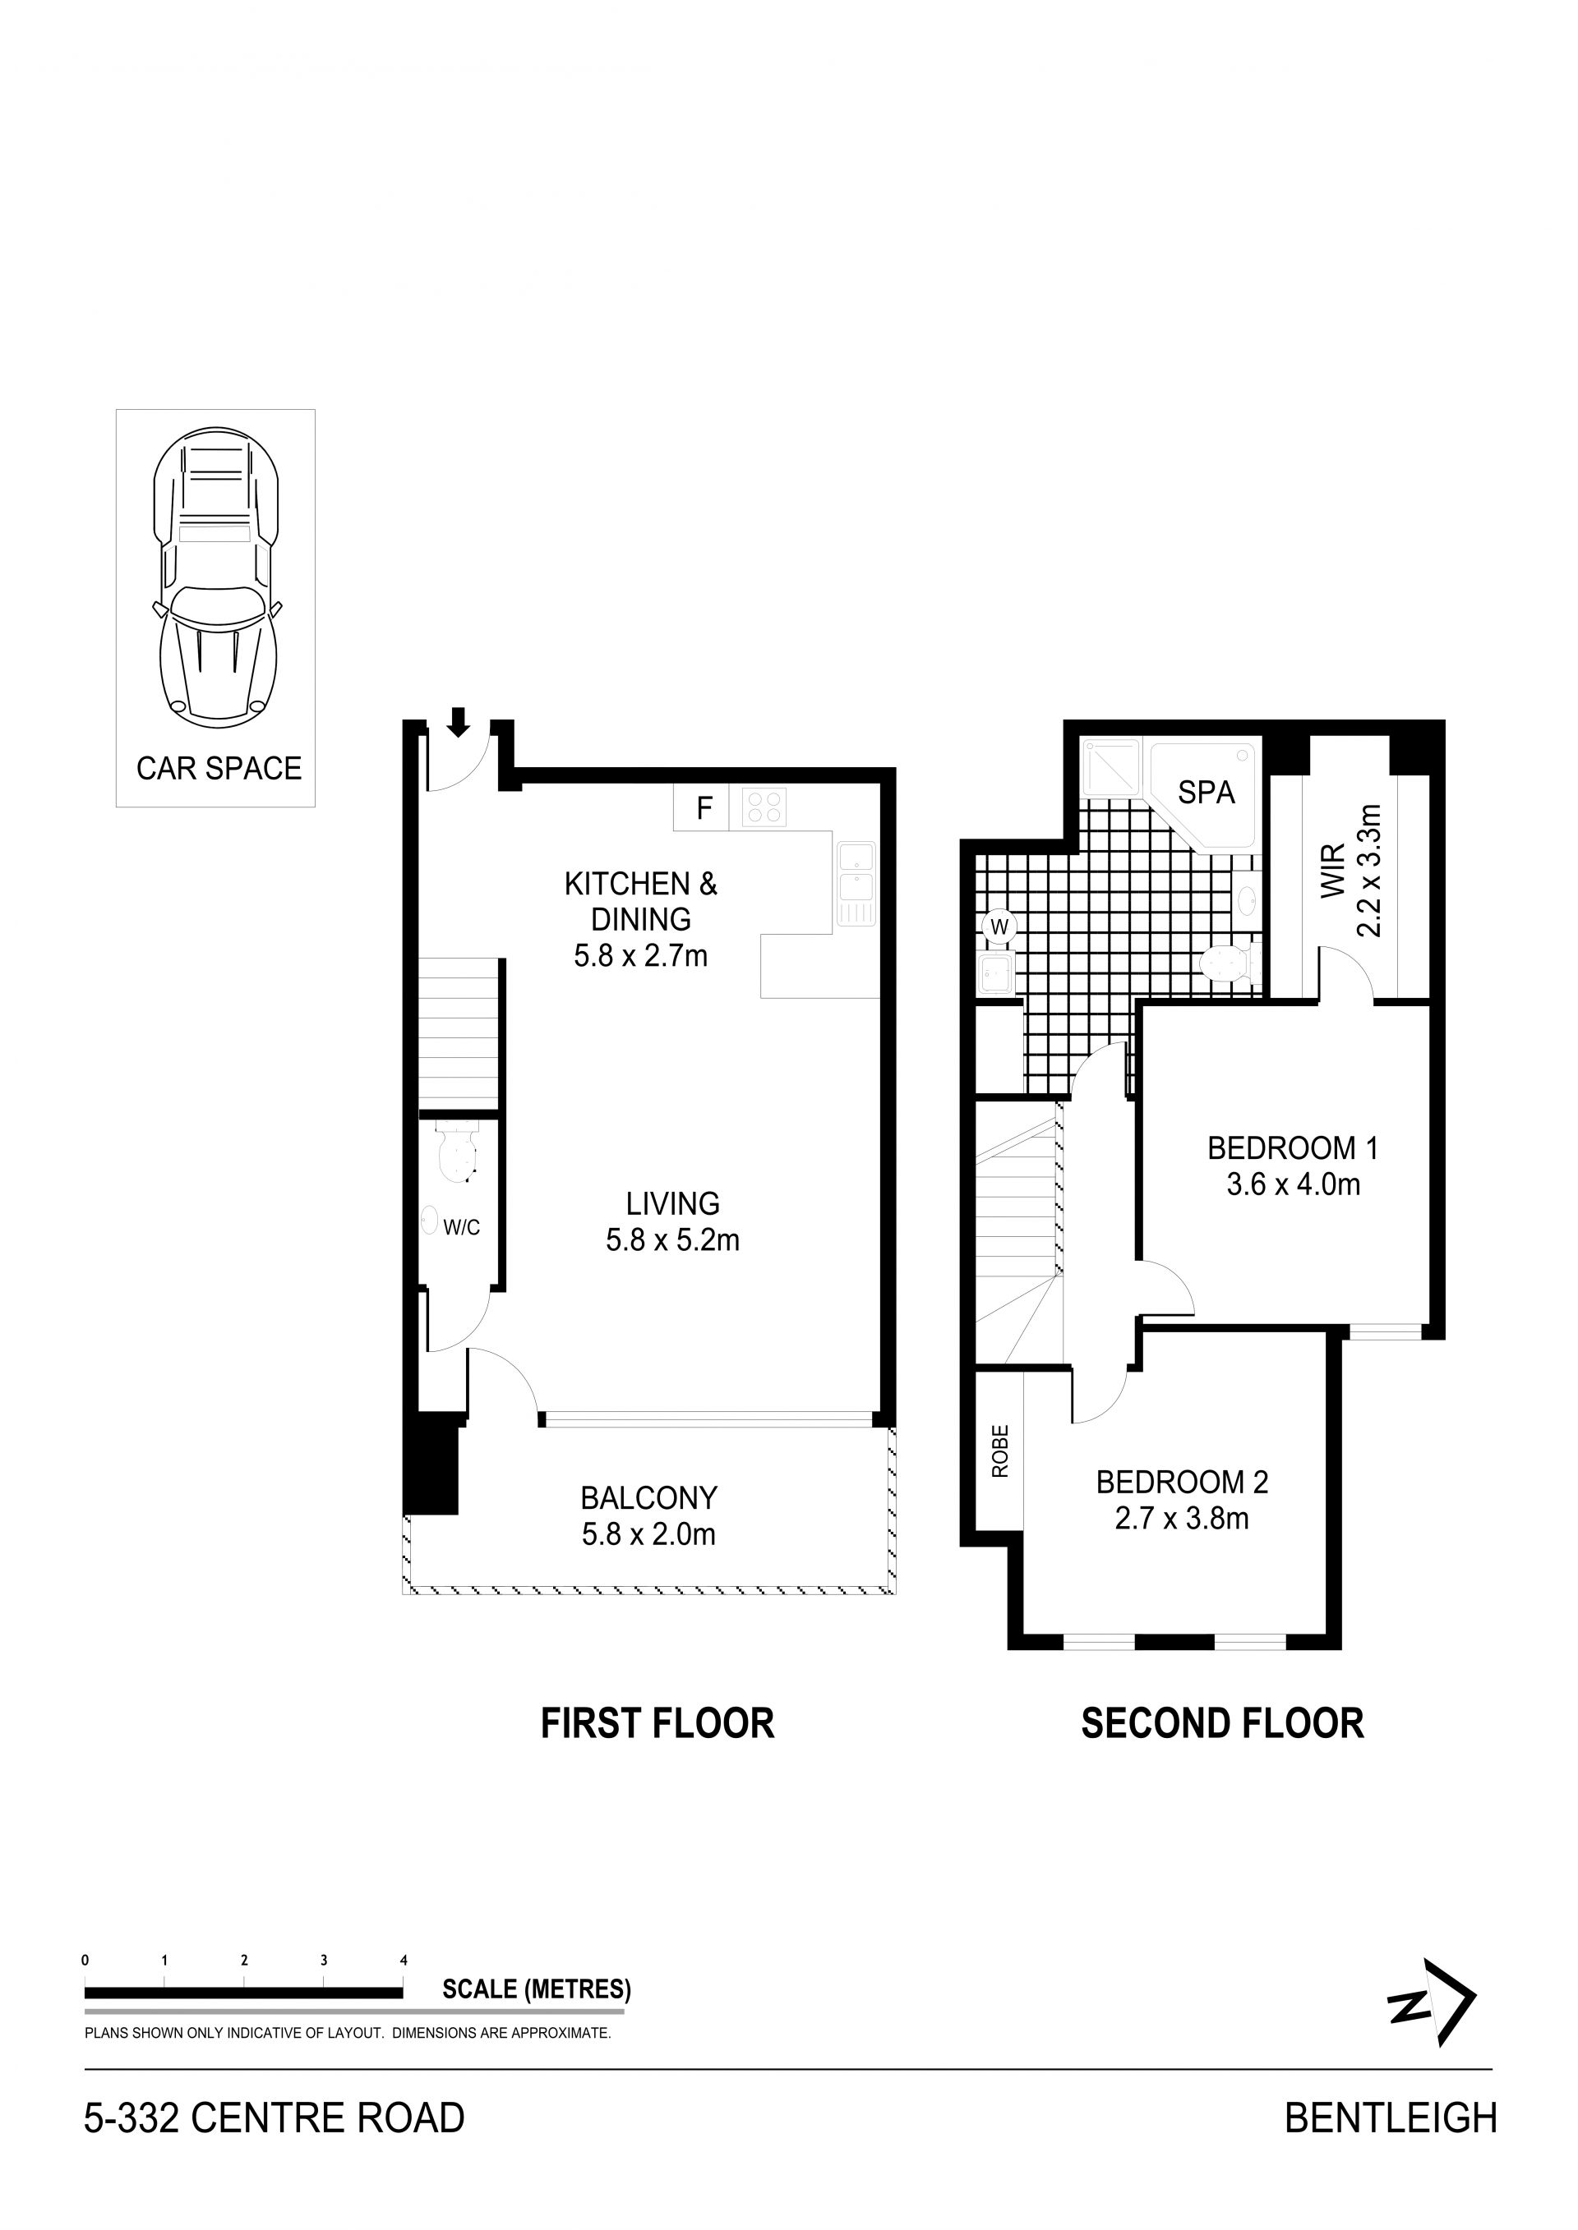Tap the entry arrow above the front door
[459, 720]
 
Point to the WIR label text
[1333, 871]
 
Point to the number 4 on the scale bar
[404, 1960]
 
